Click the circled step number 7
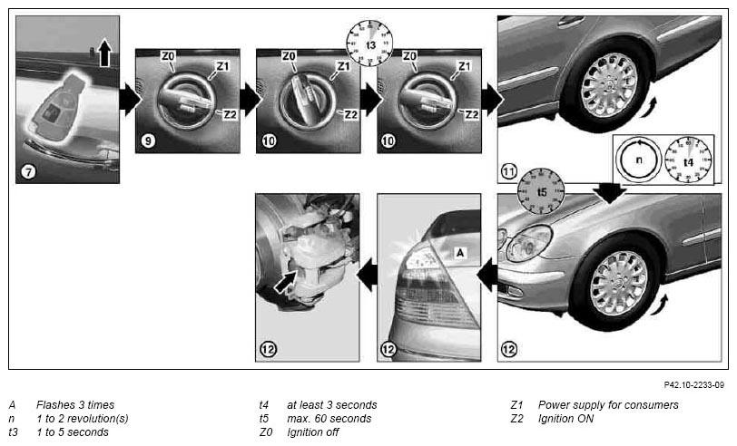coord(29,172)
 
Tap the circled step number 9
coord(148,141)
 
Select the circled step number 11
coord(509,171)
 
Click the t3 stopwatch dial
coord(370,43)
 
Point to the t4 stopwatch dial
coord(688,160)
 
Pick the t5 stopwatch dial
coord(541,191)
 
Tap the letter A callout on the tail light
coord(460,253)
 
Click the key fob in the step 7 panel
coord(55,107)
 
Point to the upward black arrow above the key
coord(104,52)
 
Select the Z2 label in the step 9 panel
coord(230,114)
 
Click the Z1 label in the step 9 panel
coord(222,66)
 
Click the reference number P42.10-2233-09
coord(693,385)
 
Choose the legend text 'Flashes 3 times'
coord(75,404)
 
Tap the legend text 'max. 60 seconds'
coord(329,418)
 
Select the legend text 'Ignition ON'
coord(566,418)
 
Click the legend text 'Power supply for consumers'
coord(608,404)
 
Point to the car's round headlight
coord(528,243)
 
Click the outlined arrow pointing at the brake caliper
coord(284,282)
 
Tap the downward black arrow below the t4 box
coord(610,192)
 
